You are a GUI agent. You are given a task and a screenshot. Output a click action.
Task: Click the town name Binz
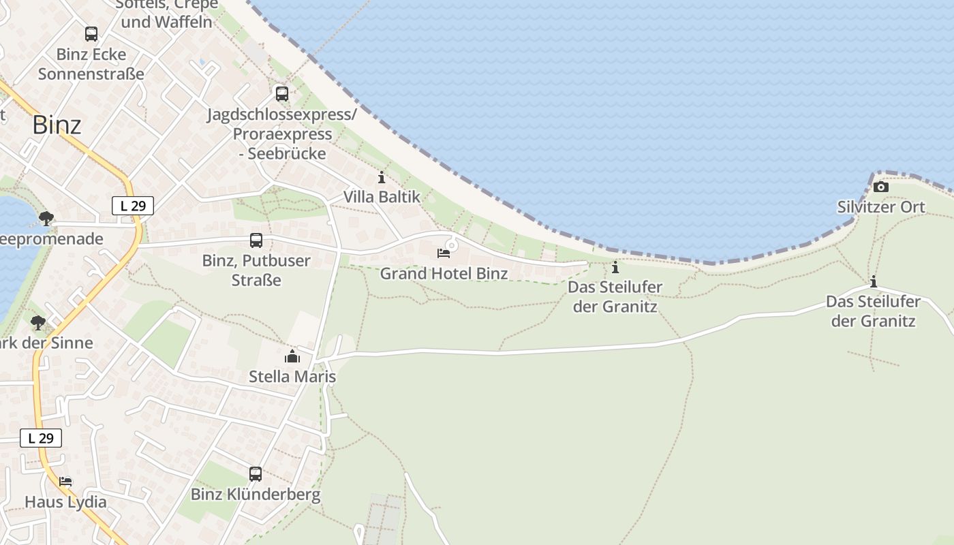click(x=57, y=125)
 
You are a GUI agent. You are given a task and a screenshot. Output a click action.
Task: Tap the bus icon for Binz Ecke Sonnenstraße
click(x=91, y=33)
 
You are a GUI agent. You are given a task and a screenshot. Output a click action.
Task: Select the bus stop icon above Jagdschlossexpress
click(x=282, y=94)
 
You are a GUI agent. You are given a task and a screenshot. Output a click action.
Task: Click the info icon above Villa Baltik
click(x=382, y=178)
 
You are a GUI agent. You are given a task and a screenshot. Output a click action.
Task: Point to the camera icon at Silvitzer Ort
click(x=881, y=187)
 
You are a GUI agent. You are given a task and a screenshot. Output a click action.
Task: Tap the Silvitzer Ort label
click(x=881, y=207)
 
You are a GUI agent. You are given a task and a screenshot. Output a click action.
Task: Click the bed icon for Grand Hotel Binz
click(x=444, y=253)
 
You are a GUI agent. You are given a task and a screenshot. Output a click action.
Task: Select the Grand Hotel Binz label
click(x=444, y=274)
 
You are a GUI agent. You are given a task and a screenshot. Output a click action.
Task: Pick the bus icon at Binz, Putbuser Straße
click(x=256, y=240)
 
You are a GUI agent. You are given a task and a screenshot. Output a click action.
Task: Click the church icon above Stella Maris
click(x=292, y=356)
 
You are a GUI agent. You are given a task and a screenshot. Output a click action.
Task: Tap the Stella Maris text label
click(x=292, y=376)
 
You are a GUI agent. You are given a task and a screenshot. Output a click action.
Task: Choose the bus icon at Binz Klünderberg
click(x=256, y=474)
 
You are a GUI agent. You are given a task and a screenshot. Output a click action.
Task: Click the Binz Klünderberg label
click(x=256, y=495)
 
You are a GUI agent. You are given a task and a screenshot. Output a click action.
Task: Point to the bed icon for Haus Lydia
click(x=65, y=482)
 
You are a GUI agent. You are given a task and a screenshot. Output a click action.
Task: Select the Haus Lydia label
click(x=65, y=502)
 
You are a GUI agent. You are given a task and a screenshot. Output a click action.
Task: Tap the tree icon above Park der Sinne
click(x=38, y=322)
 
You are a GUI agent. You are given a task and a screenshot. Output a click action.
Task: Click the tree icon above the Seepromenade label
click(x=46, y=219)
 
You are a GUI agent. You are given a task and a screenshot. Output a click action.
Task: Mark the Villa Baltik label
click(x=382, y=197)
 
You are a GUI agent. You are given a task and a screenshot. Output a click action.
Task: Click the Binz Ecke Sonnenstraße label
click(x=91, y=63)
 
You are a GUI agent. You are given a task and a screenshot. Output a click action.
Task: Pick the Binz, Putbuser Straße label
click(x=256, y=270)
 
